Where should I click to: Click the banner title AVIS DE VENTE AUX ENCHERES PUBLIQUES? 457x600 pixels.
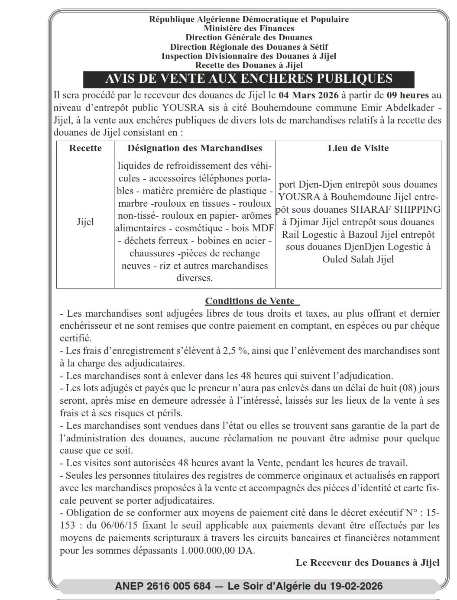tap(249, 79)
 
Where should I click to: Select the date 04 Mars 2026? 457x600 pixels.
tap(308, 95)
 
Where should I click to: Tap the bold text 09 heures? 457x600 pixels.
tap(408, 95)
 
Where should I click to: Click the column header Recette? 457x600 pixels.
tap(85, 148)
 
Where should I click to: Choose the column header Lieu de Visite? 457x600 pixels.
tap(358, 148)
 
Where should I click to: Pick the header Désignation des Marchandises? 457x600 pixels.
tap(194, 148)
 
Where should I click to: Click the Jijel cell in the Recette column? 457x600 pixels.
tap(85, 222)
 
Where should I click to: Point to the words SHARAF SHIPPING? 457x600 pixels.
tap(395, 210)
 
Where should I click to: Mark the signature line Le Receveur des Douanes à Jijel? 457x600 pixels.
tap(367, 563)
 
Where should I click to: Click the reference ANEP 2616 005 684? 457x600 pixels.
tap(163, 586)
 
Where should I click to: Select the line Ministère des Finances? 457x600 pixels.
tap(249, 29)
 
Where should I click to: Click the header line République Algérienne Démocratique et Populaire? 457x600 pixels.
tap(249, 19)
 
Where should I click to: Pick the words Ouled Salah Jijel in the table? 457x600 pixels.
tap(358, 259)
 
